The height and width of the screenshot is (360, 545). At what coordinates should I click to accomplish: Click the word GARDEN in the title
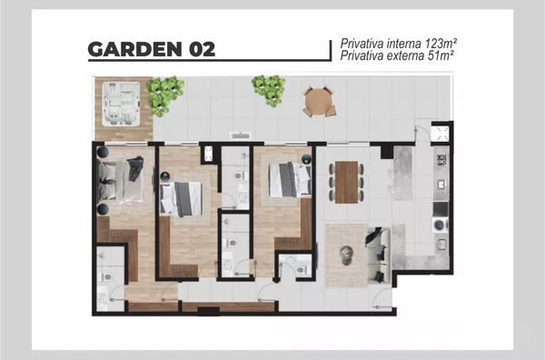point(134,49)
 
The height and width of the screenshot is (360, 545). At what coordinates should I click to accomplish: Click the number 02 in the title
point(202,49)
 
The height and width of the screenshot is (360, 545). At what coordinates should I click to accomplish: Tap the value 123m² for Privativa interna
point(441,44)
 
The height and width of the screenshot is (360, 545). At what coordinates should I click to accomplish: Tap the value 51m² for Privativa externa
point(441,55)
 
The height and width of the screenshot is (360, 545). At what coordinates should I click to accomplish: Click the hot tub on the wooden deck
point(121,104)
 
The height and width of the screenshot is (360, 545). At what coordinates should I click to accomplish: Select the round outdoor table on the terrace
point(319,101)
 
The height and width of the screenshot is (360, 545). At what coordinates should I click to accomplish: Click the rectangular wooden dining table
point(346,182)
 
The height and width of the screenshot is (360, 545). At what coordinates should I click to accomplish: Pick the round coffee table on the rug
point(346,255)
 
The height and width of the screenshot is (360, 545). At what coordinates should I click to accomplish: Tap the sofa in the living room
point(378,255)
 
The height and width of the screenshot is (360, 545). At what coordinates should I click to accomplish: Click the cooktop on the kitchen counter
point(441,160)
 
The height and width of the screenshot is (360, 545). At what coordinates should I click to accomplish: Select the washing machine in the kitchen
point(440,225)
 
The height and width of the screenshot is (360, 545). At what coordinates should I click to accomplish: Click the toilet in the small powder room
point(301,269)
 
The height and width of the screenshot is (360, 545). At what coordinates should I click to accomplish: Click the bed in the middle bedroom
point(181,199)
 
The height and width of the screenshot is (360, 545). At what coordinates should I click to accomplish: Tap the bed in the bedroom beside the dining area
point(291,179)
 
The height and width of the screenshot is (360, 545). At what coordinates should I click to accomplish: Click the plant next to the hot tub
point(164,95)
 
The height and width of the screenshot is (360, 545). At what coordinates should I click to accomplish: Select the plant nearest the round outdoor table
point(270,90)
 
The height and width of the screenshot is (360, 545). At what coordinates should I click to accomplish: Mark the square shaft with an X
point(441,134)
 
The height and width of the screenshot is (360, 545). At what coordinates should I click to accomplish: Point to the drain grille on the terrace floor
point(241,135)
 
